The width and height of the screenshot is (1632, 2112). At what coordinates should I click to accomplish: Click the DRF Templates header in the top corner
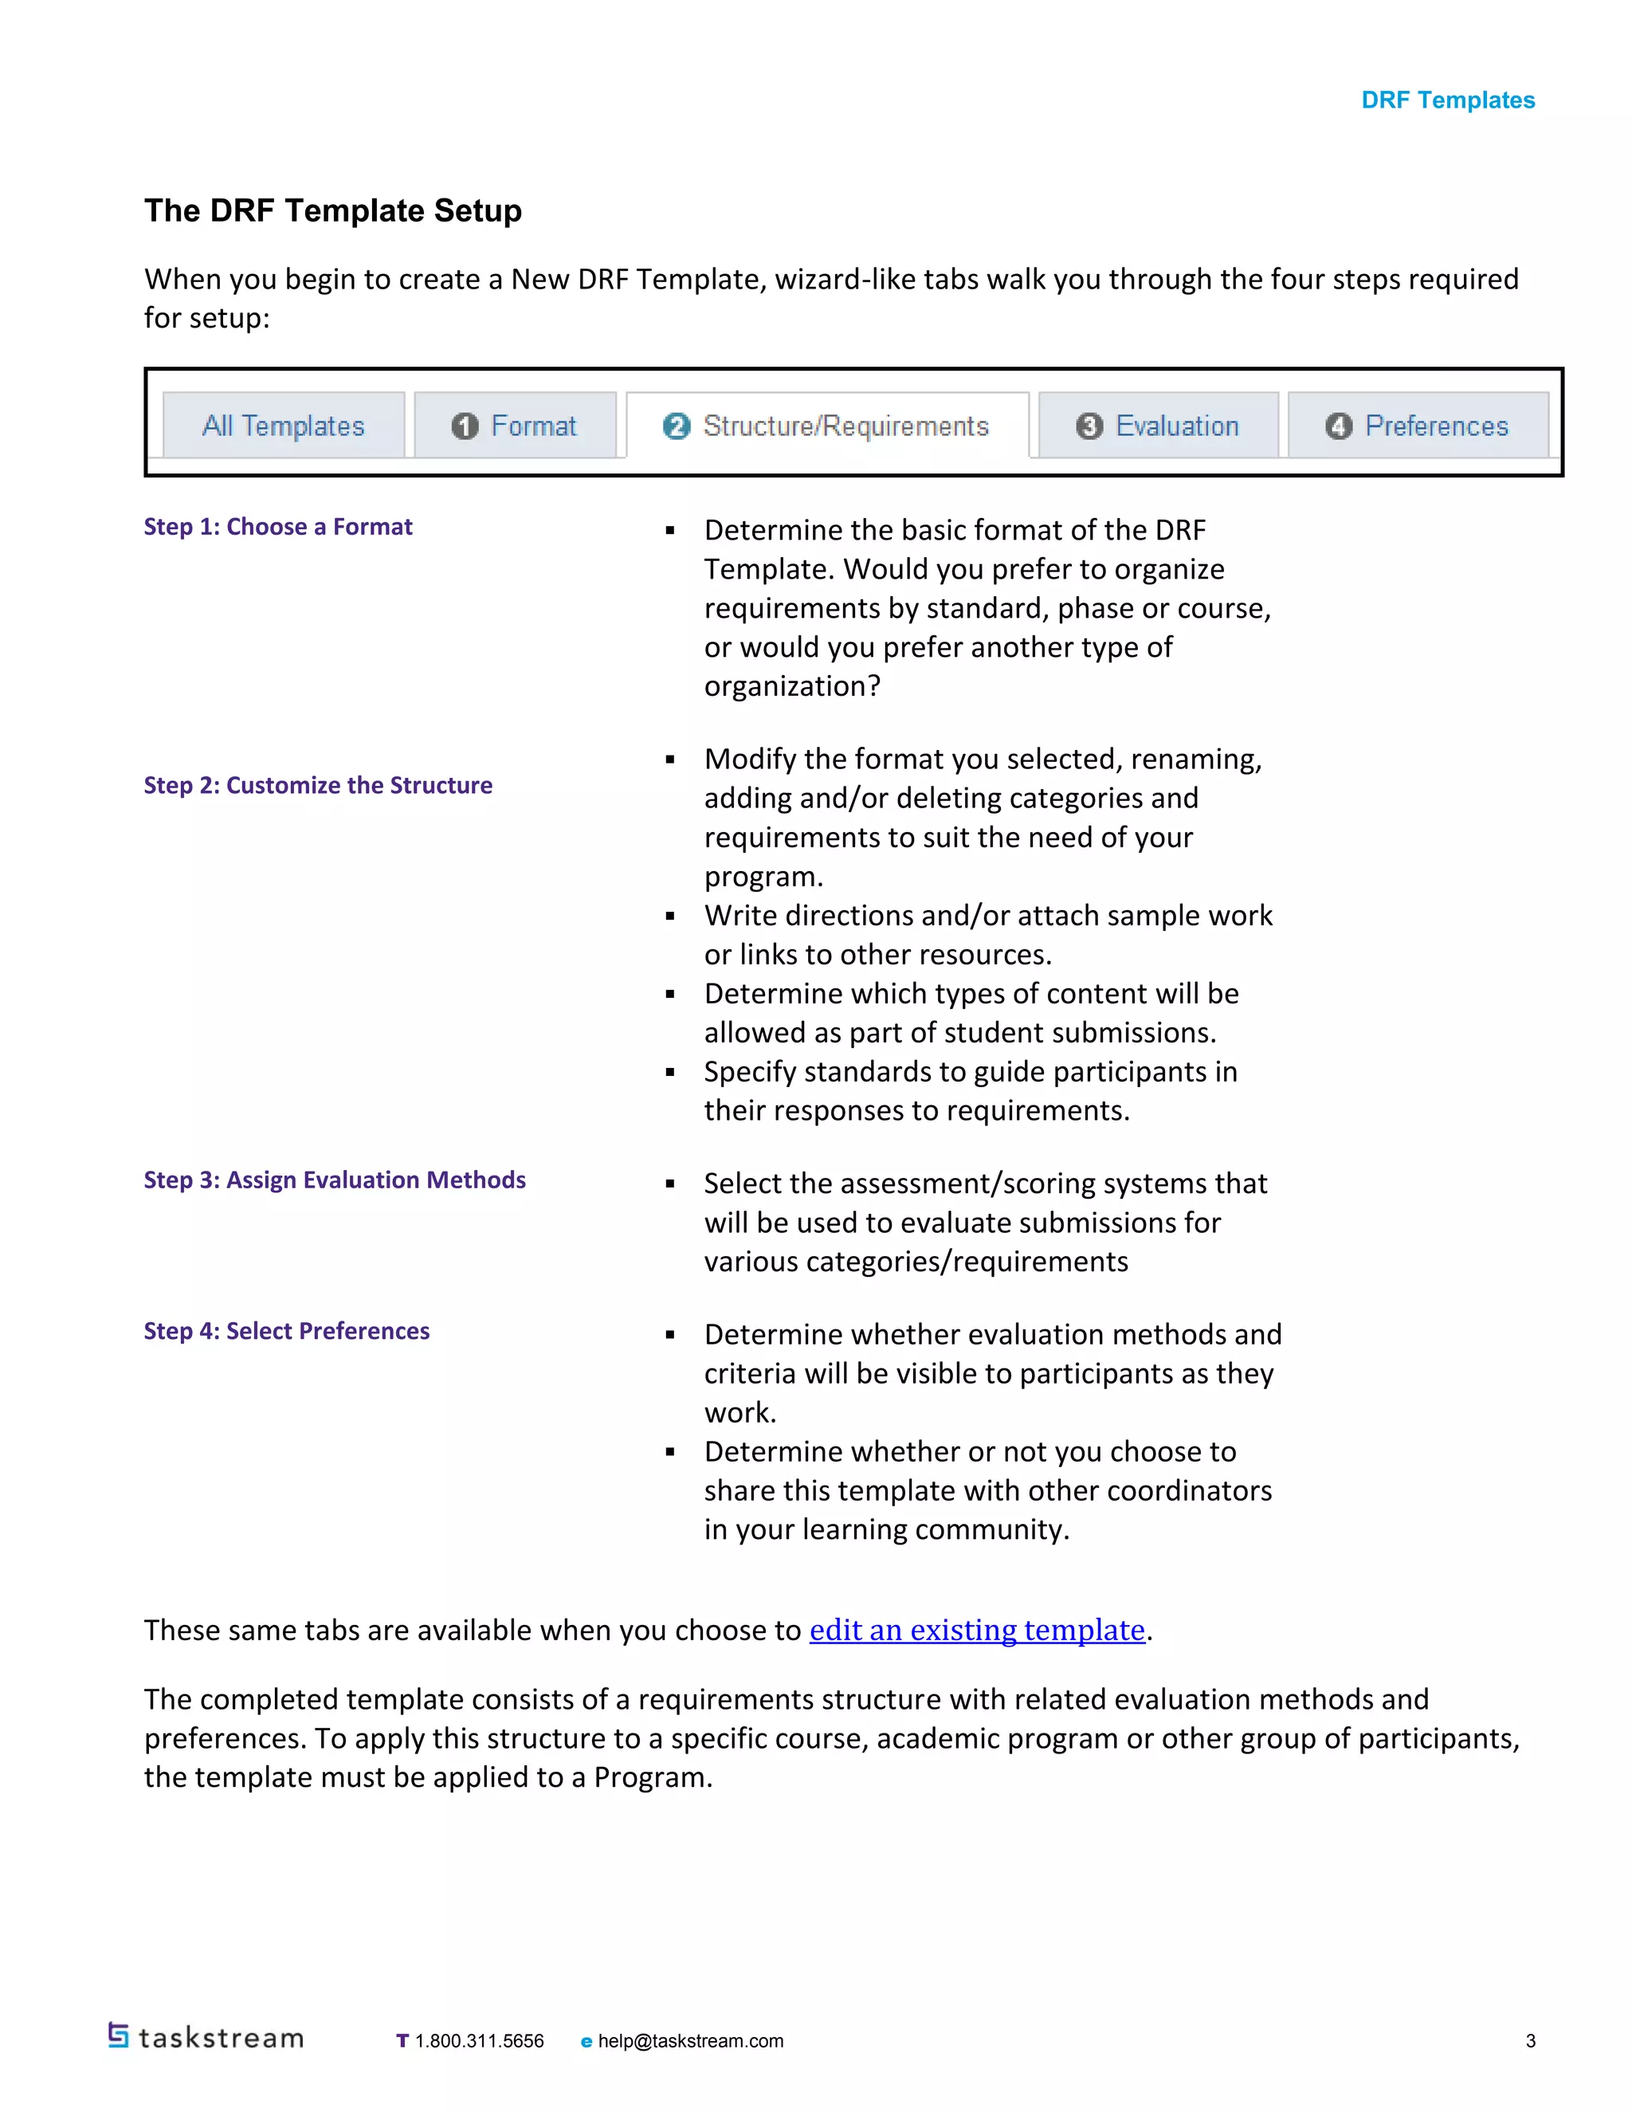(1447, 100)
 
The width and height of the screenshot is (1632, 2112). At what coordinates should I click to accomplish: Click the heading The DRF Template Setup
(332, 211)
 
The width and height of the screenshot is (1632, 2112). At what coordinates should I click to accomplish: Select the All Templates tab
(283, 426)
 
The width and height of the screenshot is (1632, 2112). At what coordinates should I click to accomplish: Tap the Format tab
(514, 426)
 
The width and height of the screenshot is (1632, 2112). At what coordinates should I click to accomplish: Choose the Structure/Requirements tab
(826, 426)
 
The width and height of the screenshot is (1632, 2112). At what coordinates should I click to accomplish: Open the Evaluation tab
(1157, 426)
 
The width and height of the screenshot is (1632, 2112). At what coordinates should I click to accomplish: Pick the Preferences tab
(1418, 426)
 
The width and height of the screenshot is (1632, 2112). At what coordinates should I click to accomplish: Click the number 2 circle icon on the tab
(677, 426)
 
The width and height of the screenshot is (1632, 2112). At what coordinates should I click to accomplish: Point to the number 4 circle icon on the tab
(1338, 426)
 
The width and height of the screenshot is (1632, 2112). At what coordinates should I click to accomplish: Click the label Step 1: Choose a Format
(277, 527)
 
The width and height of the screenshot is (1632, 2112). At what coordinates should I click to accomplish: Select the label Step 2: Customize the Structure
(318, 785)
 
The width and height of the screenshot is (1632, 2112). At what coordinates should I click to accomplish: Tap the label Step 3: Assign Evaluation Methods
(335, 1180)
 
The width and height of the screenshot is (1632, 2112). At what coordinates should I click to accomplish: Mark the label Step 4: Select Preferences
(286, 1331)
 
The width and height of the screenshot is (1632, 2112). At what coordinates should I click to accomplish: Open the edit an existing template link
(976, 1631)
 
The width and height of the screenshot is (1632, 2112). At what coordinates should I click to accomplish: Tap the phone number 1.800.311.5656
(479, 2041)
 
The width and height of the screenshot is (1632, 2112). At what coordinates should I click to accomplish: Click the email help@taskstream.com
(690, 2041)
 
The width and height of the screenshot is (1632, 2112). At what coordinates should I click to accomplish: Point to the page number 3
(1531, 2041)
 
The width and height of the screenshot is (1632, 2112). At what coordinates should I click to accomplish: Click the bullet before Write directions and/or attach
(670, 916)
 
